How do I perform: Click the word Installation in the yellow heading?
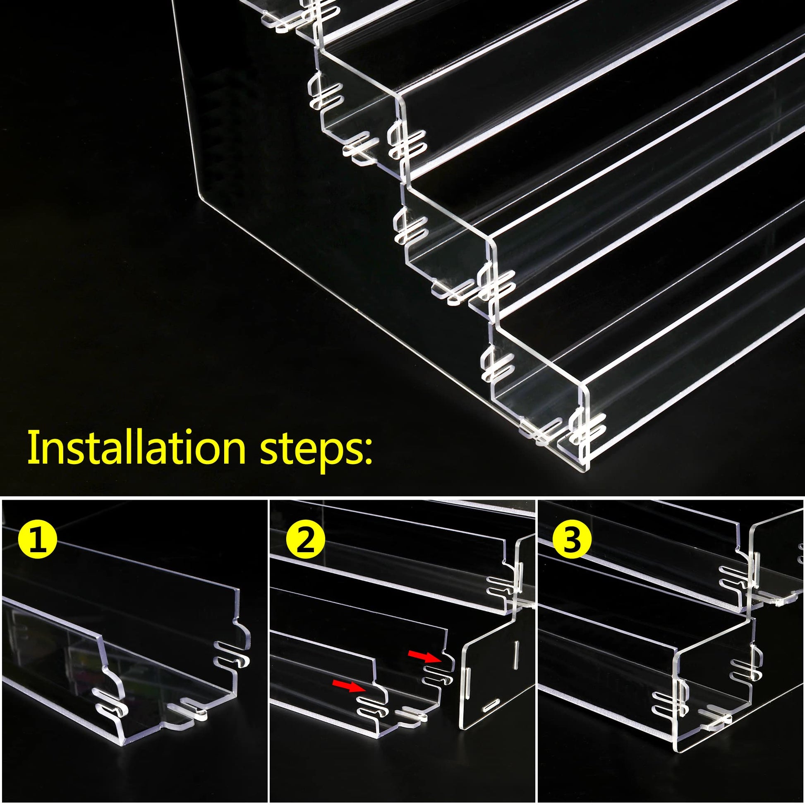pos(137,448)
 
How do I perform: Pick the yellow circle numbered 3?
pos(572,540)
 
